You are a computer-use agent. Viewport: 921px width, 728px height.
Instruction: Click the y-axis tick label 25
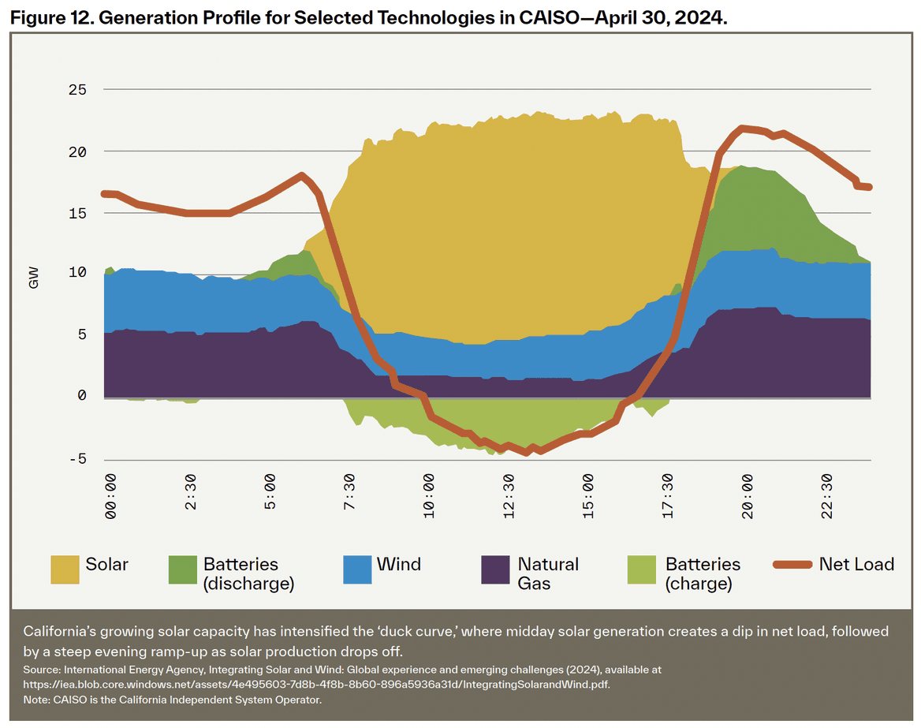pyautogui.click(x=76, y=90)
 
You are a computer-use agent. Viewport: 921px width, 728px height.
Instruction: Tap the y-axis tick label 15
pyautogui.click(x=76, y=213)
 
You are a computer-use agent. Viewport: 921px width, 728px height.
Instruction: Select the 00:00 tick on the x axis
pyautogui.click(x=110, y=496)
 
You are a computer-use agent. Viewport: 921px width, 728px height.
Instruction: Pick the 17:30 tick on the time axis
pyautogui.click(x=668, y=496)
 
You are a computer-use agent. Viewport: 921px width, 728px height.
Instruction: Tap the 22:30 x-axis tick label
pyautogui.click(x=827, y=496)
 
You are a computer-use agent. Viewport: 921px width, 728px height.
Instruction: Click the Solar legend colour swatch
pyautogui.click(x=65, y=569)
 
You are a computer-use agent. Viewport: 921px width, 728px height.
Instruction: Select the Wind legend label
pyautogui.click(x=398, y=564)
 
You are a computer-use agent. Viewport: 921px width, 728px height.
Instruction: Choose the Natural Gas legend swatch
pyautogui.click(x=494, y=569)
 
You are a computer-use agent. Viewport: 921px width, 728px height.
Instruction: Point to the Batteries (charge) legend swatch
pyautogui.click(x=641, y=569)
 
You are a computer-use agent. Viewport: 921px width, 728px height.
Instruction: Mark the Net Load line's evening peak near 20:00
pyautogui.click(x=742, y=128)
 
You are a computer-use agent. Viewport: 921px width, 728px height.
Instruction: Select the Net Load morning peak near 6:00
pyautogui.click(x=301, y=175)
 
